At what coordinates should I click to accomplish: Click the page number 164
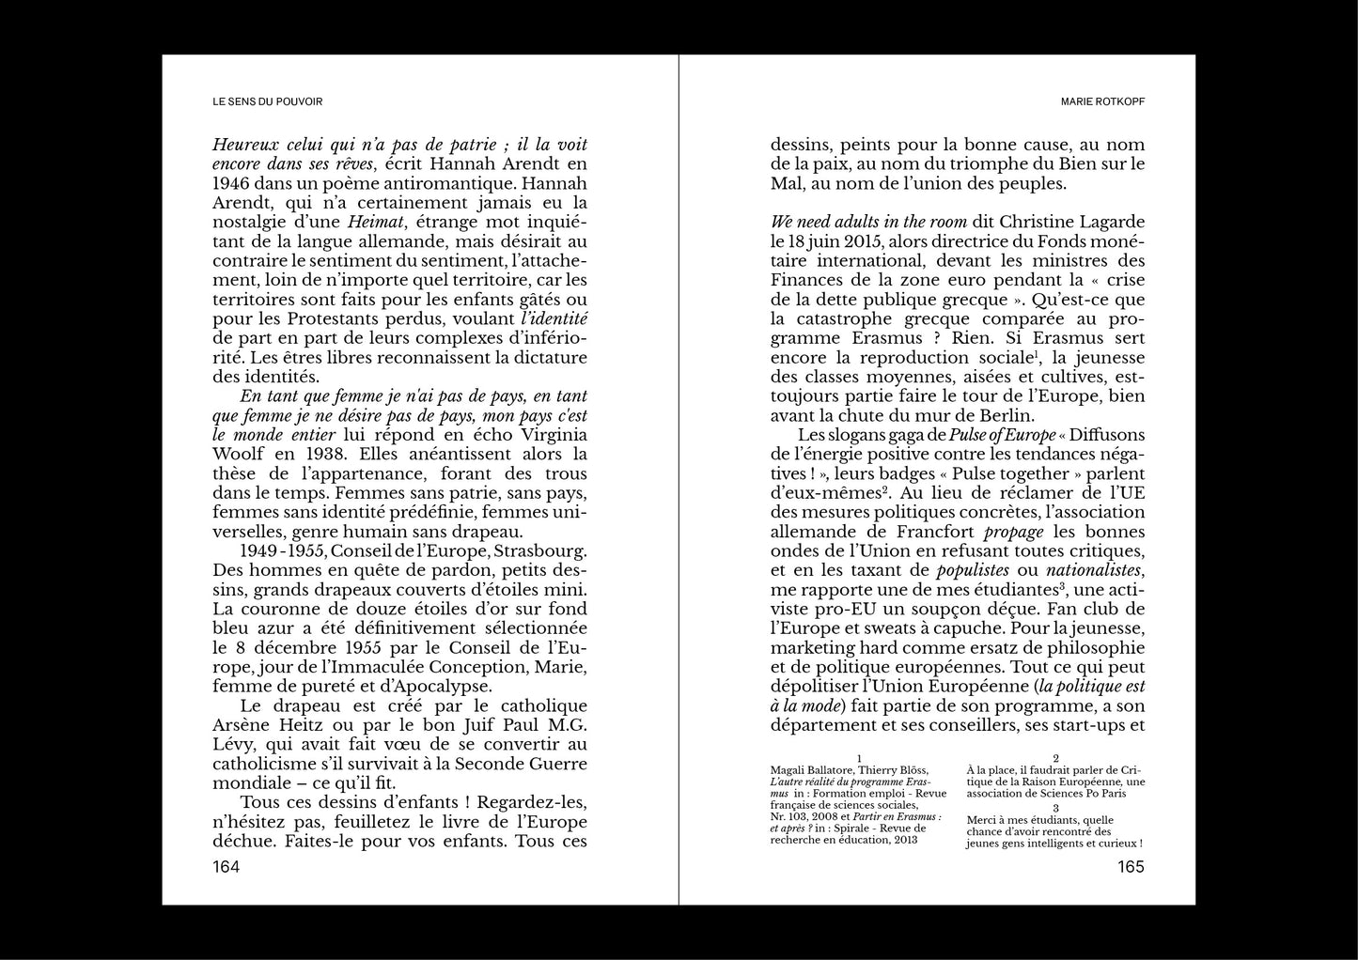[x=226, y=867]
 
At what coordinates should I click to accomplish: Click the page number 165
[x=1131, y=867]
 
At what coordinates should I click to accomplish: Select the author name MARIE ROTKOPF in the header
[x=1101, y=101]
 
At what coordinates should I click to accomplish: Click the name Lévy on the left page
[x=235, y=744]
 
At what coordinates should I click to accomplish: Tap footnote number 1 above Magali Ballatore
[x=858, y=757]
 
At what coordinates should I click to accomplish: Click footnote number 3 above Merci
[x=1056, y=807]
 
